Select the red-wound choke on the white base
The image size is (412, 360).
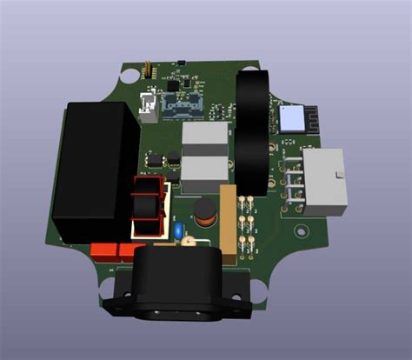point(148,207)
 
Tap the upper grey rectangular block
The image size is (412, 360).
point(207,137)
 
